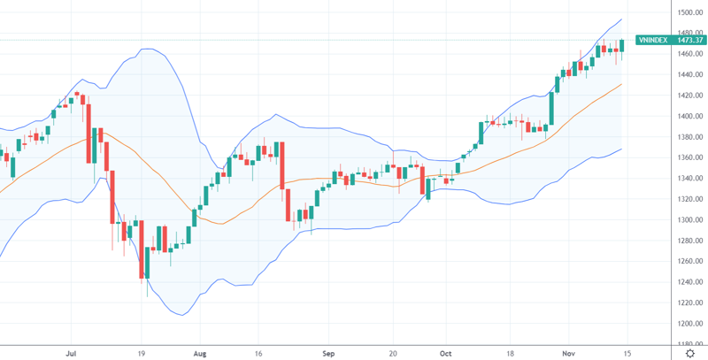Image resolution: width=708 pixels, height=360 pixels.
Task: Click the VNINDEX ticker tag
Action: tap(651, 40)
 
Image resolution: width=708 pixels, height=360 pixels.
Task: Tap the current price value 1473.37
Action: tap(690, 40)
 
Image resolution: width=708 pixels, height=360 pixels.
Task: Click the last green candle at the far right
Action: tap(622, 45)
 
